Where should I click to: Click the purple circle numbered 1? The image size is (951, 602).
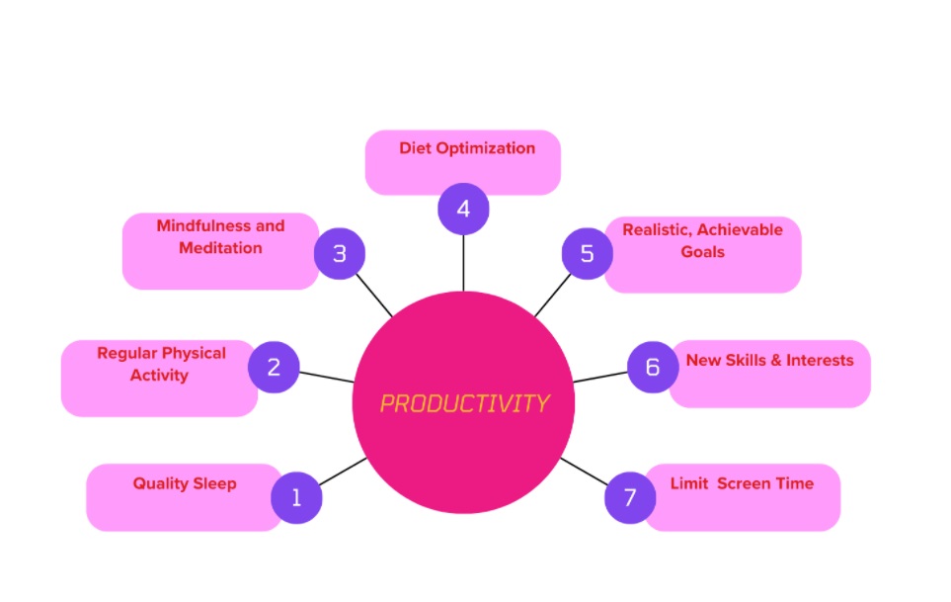coord(296,497)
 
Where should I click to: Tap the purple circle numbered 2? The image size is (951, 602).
coord(274,367)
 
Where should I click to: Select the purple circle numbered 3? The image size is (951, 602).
coord(340,254)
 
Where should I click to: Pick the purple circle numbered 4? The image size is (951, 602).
coord(463,209)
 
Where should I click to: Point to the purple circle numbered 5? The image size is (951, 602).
coord(588,254)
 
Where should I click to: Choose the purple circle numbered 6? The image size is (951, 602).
coord(653,367)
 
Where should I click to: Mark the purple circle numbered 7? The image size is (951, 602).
coord(630,497)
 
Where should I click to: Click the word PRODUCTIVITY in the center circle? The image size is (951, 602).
coord(464,403)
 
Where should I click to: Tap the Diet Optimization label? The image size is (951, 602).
coord(467,148)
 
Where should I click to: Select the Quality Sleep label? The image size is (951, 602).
coord(185,483)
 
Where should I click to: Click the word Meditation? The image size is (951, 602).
coord(220,247)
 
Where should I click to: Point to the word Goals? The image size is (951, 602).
coord(702,252)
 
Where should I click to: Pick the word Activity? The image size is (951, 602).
coord(159,375)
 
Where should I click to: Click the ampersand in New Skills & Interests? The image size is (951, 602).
coord(776,361)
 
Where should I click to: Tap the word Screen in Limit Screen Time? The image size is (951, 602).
coord(744,483)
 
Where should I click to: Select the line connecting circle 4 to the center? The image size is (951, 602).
coord(463,263)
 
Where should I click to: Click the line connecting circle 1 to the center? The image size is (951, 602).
coord(343,472)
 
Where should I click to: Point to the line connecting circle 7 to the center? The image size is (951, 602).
coord(584,472)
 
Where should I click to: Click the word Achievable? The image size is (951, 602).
coord(740,230)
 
